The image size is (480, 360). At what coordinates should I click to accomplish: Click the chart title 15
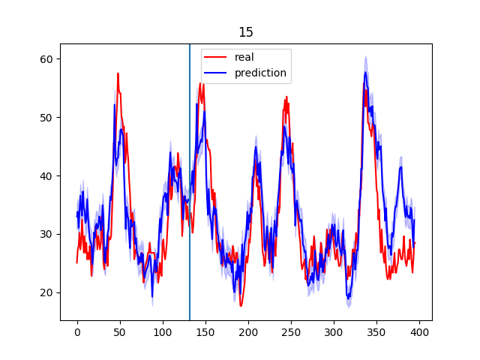point(246,32)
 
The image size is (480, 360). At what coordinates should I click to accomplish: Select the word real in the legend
point(244,58)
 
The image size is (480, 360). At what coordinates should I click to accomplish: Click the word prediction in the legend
point(260,73)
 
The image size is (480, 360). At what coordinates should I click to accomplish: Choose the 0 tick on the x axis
point(77,332)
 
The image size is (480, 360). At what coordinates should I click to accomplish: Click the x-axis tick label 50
point(120,332)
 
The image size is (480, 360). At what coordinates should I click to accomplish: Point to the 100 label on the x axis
point(163,332)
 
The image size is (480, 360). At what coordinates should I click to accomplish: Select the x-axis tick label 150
point(205,332)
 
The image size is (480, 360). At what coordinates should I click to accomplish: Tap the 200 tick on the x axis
point(248,332)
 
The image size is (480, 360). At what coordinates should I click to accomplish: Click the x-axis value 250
point(291,332)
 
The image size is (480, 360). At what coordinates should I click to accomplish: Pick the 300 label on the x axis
point(334,332)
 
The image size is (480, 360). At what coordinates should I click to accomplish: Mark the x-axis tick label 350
point(376,332)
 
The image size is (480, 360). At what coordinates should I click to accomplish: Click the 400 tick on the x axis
point(419,332)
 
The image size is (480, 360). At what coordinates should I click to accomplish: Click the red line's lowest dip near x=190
point(241,305)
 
